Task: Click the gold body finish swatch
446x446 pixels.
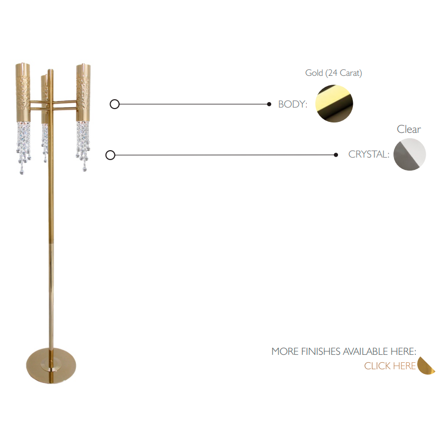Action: click(334, 104)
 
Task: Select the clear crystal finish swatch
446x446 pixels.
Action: click(410, 154)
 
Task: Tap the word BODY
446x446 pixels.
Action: click(292, 104)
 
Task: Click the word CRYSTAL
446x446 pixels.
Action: click(368, 155)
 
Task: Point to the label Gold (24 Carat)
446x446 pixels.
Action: click(334, 73)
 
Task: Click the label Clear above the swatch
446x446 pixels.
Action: click(409, 129)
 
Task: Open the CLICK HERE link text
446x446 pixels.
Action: click(390, 366)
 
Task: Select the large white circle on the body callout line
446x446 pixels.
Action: click(114, 104)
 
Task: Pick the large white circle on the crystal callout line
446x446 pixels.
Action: click(111, 155)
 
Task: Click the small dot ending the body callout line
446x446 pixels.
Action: click(269, 104)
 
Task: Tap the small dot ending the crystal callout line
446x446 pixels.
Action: click(336, 155)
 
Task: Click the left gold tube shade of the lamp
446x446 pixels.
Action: click(23, 92)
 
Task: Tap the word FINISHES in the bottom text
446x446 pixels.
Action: click(321, 351)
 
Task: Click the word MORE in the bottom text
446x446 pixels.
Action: click(284, 351)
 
